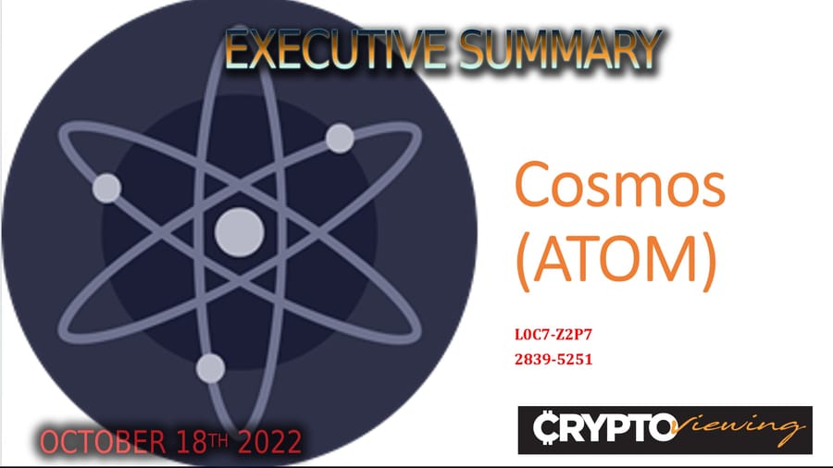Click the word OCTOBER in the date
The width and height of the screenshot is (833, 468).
point(100,441)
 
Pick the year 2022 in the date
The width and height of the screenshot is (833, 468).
point(269,441)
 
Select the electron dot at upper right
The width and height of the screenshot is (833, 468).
point(339,139)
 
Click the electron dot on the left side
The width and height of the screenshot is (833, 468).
point(106,188)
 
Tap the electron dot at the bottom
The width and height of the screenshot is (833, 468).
point(210,368)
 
